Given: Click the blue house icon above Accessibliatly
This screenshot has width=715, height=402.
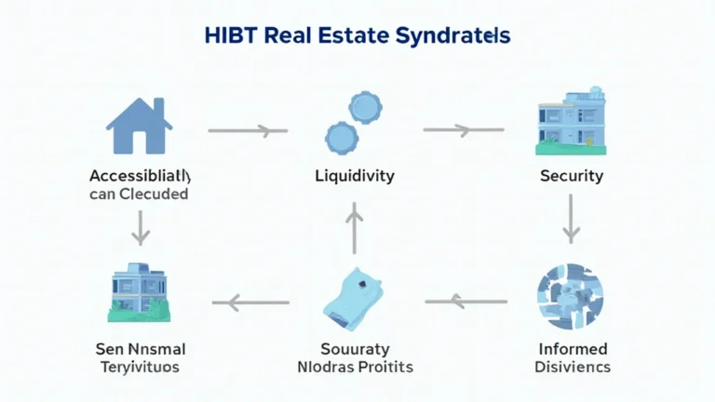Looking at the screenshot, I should pyautogui.click(x=140, y=125).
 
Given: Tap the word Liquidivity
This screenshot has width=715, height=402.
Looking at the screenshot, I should pyautogui.click(x=354, y=175).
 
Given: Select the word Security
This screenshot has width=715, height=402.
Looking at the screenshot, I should pyautogui.click(x=571, y=175).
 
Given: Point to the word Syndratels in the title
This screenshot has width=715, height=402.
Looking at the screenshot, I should pyautogui.click(x=455, y=37).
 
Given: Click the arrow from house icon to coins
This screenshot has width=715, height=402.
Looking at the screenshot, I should pyautogui.click(x=248, y=131).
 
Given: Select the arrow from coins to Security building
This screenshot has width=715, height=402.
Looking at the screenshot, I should pyautogui.click(x=462, y=129).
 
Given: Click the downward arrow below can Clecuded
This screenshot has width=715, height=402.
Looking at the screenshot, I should pyautogui.click(x=140, y=226).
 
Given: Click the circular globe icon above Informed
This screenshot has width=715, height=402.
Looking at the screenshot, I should pyautogui.click(x=570, y=298).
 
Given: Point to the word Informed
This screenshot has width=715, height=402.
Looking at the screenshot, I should pyautogui.click(x=573, y=349).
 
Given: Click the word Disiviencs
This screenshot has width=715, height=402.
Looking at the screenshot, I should pyautogui.click(x=573, y=367).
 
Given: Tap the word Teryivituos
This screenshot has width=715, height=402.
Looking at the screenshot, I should pyautogui.click(x=140, y=367).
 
